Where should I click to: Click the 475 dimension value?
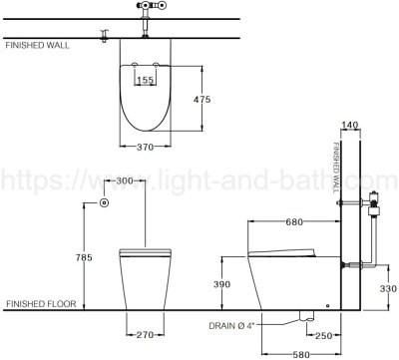(x=202, y=99)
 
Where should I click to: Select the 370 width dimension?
(x=146, y=147)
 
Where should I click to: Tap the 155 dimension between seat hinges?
(x=146, y=80)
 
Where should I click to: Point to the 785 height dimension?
(x=84, y=257)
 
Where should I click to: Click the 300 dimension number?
(x=125, y=180)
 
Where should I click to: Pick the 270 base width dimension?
(x=146, y=334)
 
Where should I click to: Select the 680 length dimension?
(x=294, y=221)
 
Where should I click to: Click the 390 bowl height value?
(x=221, y=284)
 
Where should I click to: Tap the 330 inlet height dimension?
(x=388, y=288)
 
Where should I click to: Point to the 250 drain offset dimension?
(x=324, y=336)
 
